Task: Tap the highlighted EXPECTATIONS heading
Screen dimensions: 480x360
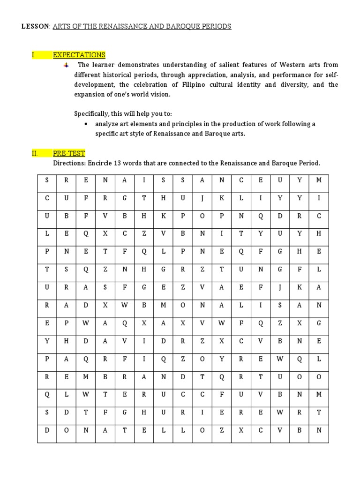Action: (x=79, y=55)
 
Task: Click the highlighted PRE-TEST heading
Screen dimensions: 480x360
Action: (x=69, y=154)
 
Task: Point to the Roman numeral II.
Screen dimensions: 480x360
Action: (x=34, y=154)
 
